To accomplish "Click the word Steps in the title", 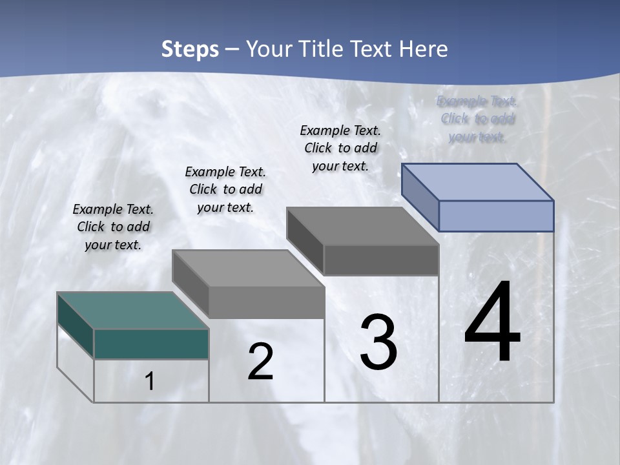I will pos(190,49).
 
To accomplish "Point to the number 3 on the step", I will pos(378,342).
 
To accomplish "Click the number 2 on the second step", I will pos(261,362).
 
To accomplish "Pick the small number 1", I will pos(150,382).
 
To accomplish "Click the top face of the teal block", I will pos(132,310).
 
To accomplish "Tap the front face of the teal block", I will pos(151,344).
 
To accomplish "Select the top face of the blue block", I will pos(478,181).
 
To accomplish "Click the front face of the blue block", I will pos(496,216).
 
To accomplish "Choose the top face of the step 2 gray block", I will pos(248,268).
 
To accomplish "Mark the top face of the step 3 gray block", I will pos(362,226).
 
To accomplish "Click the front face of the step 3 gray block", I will pos(381,260).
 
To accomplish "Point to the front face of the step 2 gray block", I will pos(266,302).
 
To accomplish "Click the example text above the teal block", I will pos(113,227).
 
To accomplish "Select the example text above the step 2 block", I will pos(225,189).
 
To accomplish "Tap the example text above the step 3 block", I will pos(340,148).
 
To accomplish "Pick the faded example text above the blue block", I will pos(477,119).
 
